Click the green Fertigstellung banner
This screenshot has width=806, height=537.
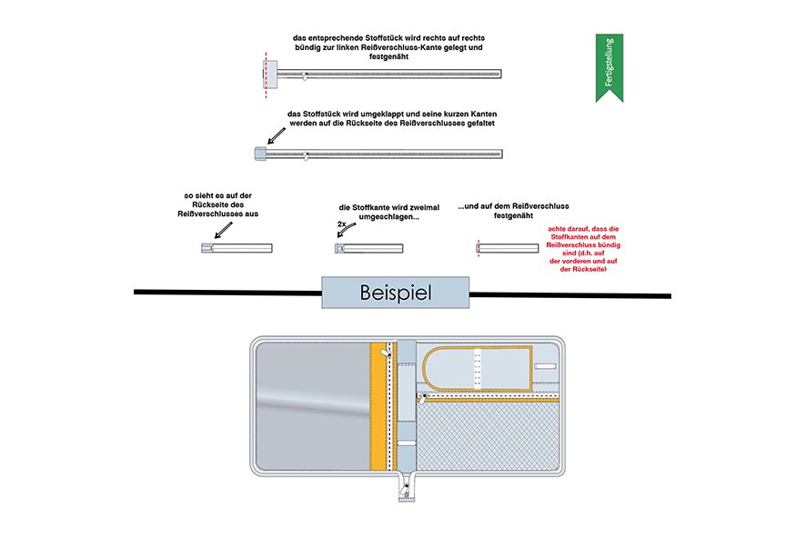[609, 62]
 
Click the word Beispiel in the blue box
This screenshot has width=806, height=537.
[395, 293]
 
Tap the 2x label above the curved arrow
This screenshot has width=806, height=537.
[341, 223]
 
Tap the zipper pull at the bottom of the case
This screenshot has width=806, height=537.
[405, 492]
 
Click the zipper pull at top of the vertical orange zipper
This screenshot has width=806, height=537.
[386, 350]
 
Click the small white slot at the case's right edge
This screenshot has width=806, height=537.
[546, 365]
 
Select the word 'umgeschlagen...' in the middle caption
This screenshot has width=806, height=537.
[381, 216]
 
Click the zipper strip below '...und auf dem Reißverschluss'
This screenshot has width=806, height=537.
[513, 247]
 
